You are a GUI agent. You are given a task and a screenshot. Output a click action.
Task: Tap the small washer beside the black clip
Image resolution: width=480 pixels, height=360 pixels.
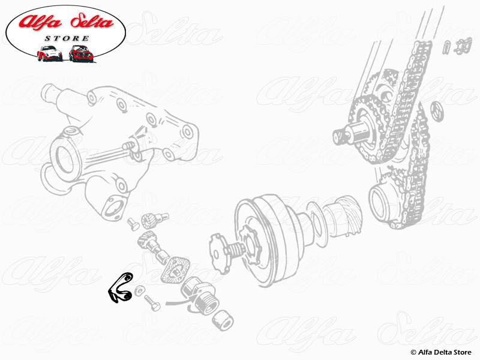(140, 290)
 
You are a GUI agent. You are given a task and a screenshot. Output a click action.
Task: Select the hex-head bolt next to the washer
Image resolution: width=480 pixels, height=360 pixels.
(152, 302)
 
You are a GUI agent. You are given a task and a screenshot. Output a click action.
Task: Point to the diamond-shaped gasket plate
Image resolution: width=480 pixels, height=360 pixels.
(175, 269)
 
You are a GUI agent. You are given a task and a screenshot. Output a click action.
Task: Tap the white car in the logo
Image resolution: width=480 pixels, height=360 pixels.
(49, 53)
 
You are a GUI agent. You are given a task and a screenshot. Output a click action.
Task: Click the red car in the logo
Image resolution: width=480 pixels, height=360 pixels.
(80, 53)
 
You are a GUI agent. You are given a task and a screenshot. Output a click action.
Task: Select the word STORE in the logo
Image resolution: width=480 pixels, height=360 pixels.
(67, 38)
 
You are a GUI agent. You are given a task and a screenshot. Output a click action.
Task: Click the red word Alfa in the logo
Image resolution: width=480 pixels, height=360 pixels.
(40, 22)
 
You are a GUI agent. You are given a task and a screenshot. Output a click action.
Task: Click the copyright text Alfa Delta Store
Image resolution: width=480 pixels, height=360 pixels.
(441, 352)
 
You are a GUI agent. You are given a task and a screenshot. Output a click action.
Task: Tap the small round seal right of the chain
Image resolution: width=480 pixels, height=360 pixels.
(437, 112)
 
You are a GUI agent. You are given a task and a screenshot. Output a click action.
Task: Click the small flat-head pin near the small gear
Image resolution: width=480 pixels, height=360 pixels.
(133, 223)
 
